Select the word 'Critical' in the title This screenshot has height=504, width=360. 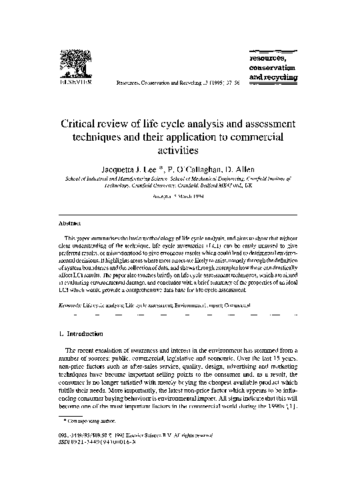tap(84, 124)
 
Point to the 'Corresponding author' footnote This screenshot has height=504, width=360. tap(84, 439)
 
